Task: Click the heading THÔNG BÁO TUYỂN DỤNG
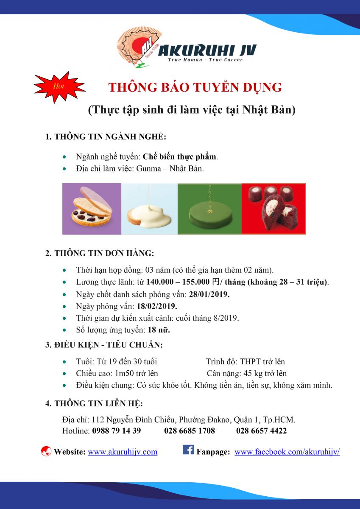pyautogui.click(x=195, y=87)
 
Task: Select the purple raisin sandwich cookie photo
pyautogui.click(x=92, y=209)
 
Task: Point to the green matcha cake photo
pyautogui.click(x=209, y=209)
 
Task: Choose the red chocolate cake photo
pyautogui.click(x=273, y=209)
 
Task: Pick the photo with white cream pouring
pyautogui.click(x=149, y=209)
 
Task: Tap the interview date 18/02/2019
pyautogui.click(x=157, y=306)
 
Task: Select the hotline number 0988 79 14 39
pyautogui.click(x=117, y=431)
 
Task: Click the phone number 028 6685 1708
pyautogui.click(x=190, y=431)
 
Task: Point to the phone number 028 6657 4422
pyautogui.click(x=261, y=431)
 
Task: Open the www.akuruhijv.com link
pyautogui.click(x=123, y=452)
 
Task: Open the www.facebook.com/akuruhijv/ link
pyautogui.click(x=287, y=452)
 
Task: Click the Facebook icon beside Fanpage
pyautogui.click(x=188, y=450)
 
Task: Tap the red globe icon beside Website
pyautogui.click(x=46, y=452)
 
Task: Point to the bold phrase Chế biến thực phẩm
pyautogui.click(x=179, y=157)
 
